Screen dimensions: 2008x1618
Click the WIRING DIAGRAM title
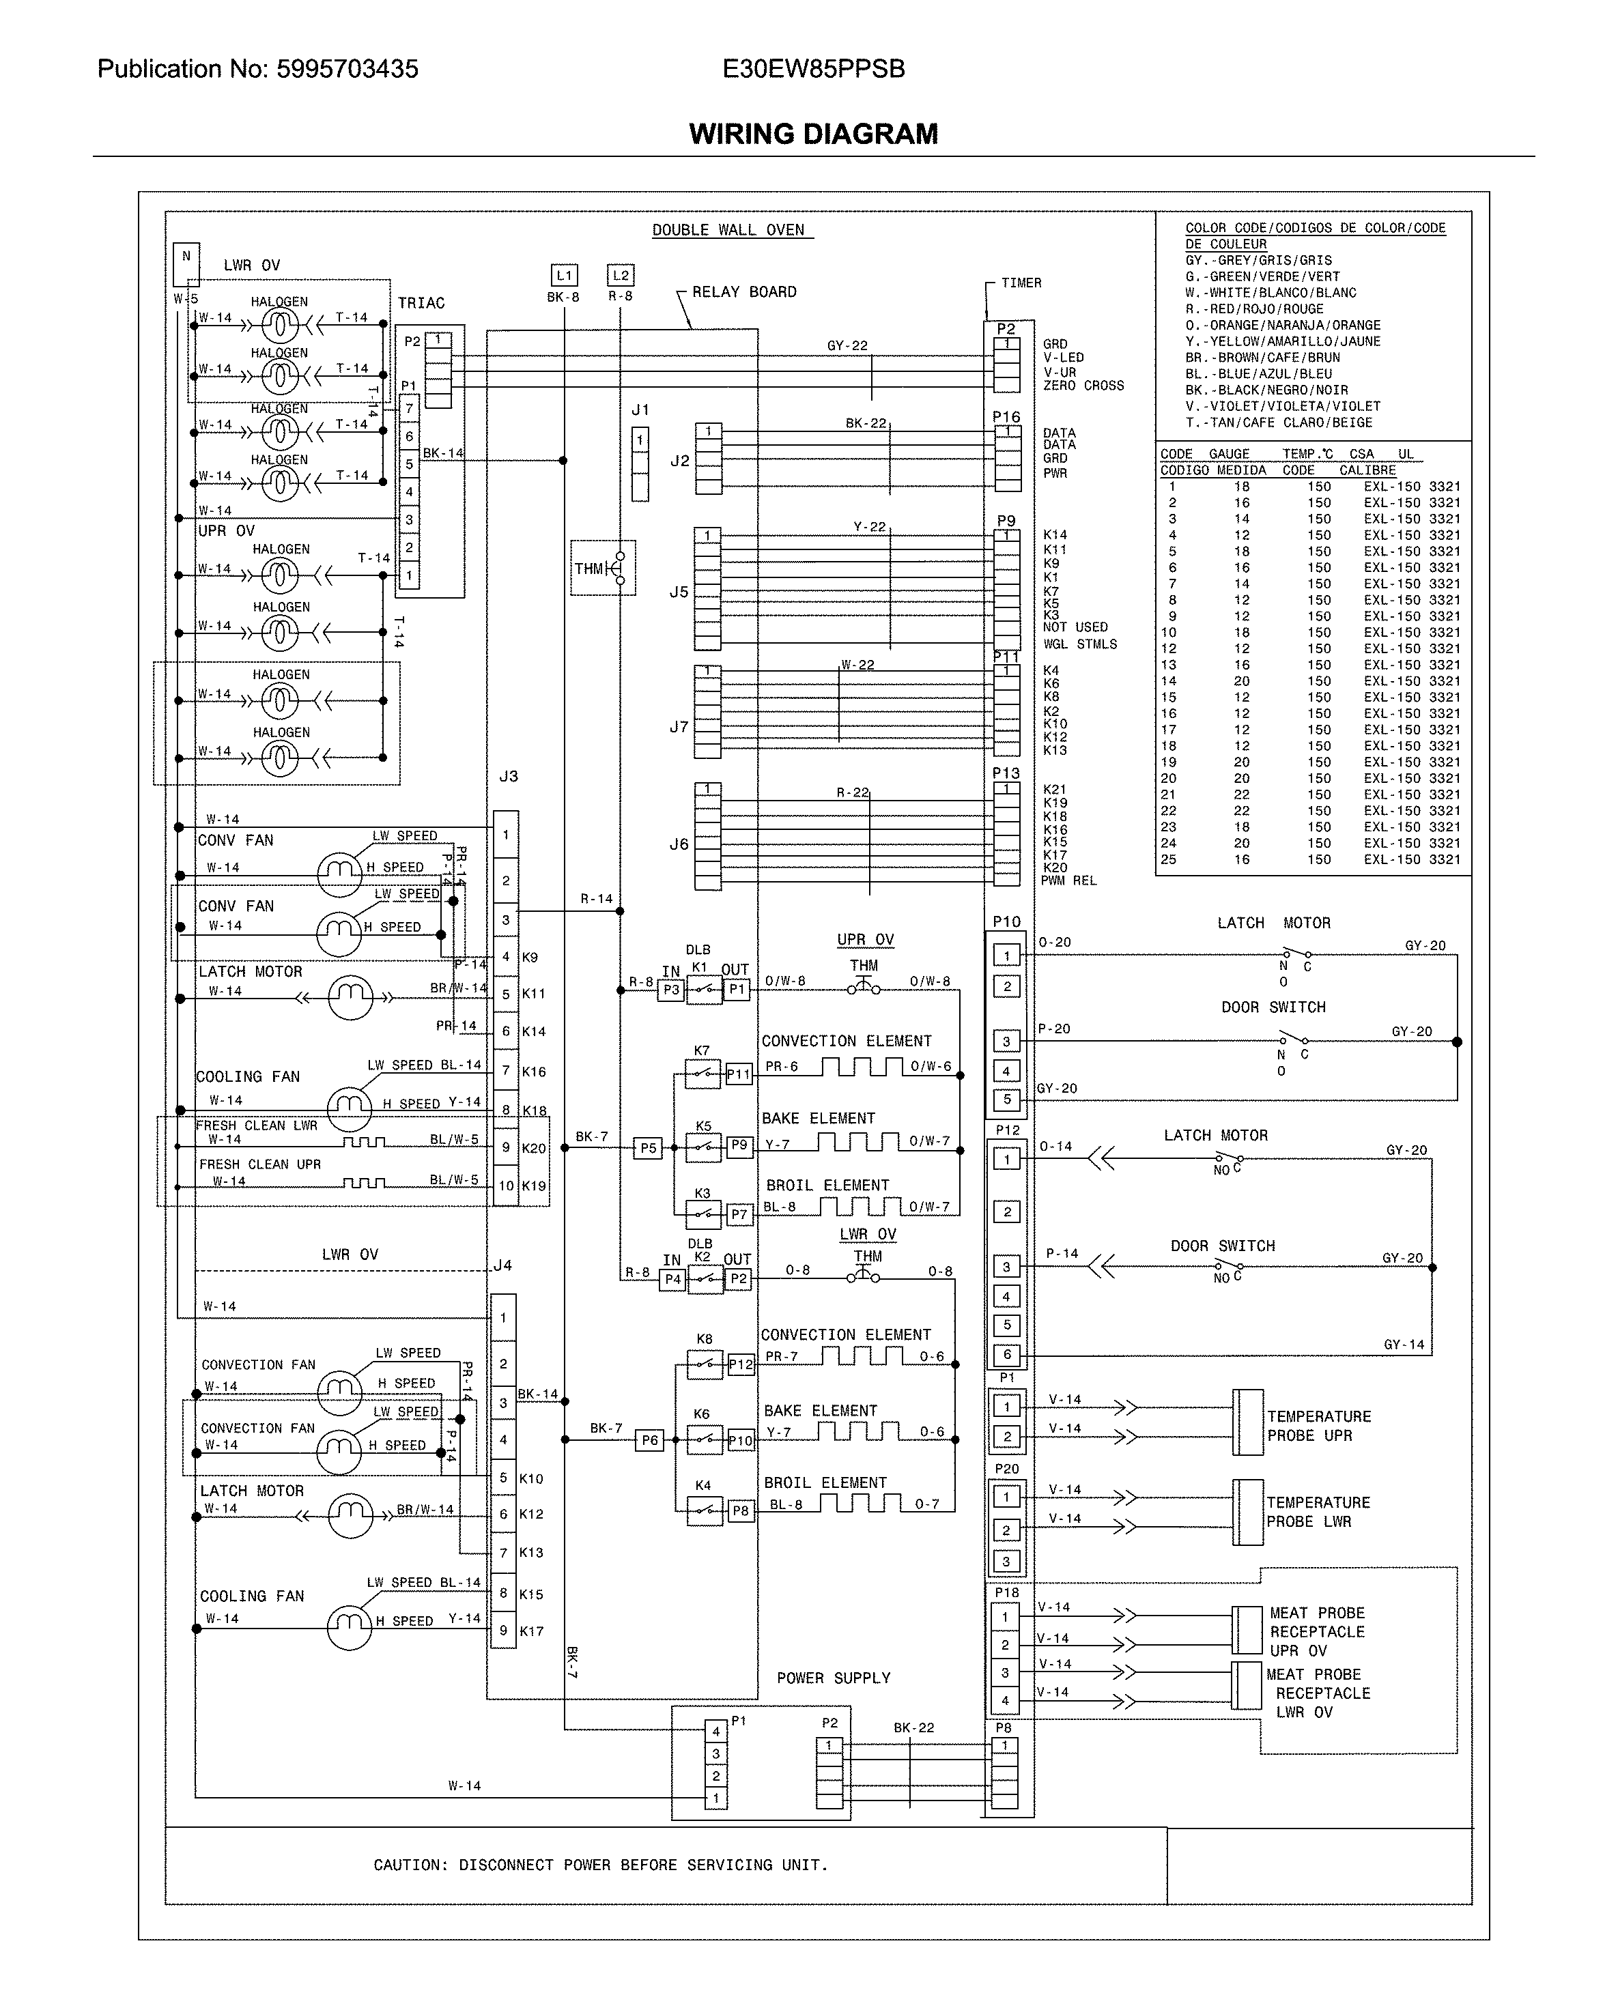812,134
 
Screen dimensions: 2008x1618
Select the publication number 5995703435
347,69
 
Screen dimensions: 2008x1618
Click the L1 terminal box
564,275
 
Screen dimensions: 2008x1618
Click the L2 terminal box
621,275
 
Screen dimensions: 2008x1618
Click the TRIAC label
421,303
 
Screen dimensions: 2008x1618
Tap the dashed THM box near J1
603,567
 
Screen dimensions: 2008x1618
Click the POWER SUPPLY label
833,1677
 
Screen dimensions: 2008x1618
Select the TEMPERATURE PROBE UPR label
1318,1426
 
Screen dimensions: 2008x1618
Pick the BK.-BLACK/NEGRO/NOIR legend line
1266,390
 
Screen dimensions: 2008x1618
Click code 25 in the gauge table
1169,859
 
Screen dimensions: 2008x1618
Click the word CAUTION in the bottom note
406,1865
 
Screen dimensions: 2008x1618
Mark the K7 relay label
701,1050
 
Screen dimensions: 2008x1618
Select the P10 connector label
1006,921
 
